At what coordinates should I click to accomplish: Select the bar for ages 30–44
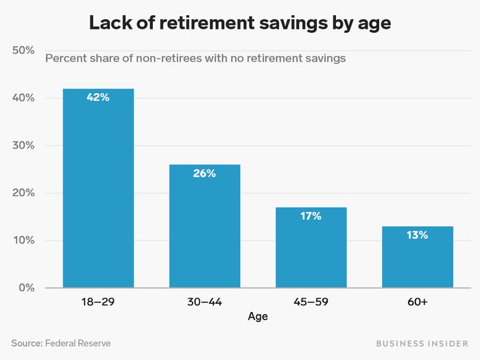(204, 226)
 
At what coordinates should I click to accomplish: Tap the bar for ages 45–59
(311, 248)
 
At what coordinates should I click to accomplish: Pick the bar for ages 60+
(417, 257)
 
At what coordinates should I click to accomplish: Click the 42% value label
(98, 97)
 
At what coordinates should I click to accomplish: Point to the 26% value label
(204, 173)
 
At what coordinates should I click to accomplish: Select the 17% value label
(311, 216)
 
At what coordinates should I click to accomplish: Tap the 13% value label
(417, 235)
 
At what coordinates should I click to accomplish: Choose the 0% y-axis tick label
(26, 288)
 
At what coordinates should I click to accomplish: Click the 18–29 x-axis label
(98, 302)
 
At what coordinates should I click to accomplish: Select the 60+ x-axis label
(417, 302)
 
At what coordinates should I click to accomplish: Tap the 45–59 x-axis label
(311, 302)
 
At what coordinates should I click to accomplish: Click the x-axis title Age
(258, 317)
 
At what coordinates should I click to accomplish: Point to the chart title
(240, 23)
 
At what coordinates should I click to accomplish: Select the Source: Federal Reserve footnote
(60, 343)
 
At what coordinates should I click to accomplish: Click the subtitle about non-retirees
(195, 58)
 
